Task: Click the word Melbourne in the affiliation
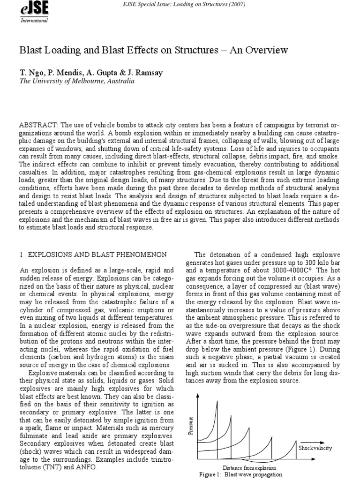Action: click(x=86, y=81)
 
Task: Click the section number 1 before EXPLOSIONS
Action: click(x=21, y=254)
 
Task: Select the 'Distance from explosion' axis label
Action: click(x=249, y=467)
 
